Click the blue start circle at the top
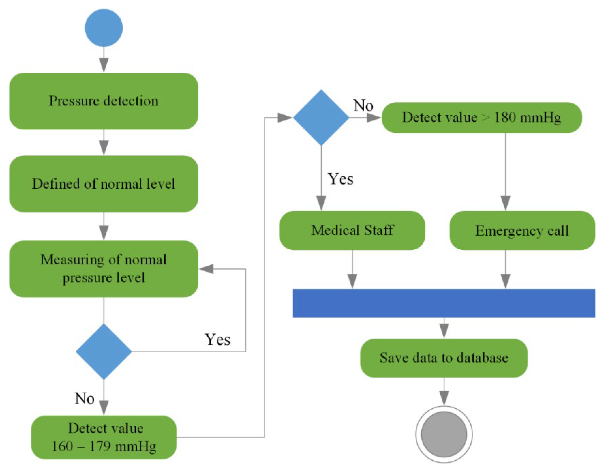pos(104,28)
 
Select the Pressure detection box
pos(104,101)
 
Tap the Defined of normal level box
pos(104,184)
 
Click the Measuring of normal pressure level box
pos(104,269)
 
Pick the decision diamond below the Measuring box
pos(104,351)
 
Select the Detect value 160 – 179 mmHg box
pos(104,437)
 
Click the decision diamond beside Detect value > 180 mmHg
pos(321,117)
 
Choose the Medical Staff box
pos(352,230)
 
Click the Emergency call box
pos(522,230)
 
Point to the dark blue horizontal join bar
pos(444,303)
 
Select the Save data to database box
pos(444,358)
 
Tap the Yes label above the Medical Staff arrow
pos(341,179)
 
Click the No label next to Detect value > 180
pos(363,105)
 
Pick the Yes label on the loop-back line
pos(218,339)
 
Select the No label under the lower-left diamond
pos(84,399)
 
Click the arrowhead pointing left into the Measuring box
pos(206,269)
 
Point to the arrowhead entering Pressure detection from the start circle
pos(104,65)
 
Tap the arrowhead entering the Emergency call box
pos(506,203)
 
